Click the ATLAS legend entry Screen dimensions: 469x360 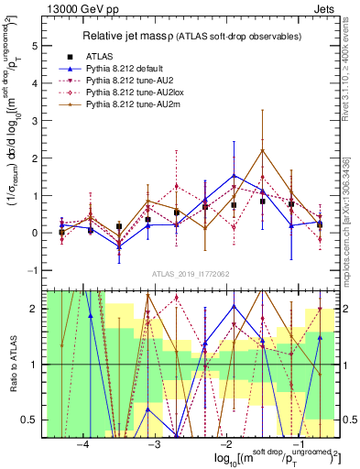tap(102, 56)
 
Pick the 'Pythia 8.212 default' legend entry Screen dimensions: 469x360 tap(131, 69)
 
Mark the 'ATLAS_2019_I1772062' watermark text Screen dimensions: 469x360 tap(191, 275)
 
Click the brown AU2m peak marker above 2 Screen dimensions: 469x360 tap(263, 150)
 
